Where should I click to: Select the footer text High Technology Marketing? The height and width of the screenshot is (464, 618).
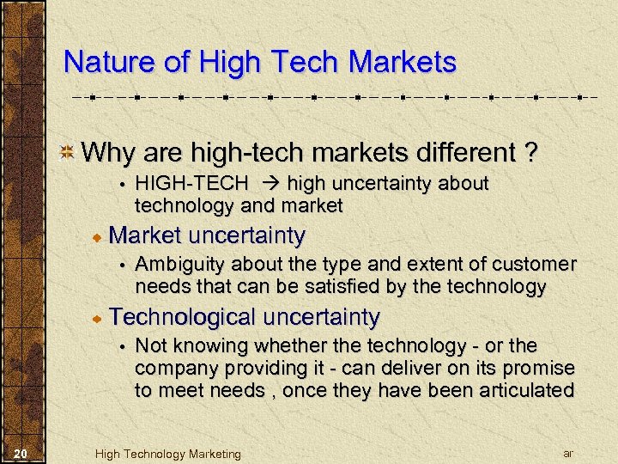click(167, 454)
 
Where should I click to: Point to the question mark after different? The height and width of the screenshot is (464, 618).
click(531, 153)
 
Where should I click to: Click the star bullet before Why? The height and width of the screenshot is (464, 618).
click(66, 154)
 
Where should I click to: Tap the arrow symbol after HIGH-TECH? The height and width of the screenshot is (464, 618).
click(267, 184)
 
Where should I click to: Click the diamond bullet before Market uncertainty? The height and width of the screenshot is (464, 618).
click(100, 235)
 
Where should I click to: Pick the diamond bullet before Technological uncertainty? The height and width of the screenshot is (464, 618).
click(100, 318)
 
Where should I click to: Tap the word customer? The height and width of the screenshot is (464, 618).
click(538, 264)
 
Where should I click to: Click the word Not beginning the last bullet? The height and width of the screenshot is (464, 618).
click(151, 345)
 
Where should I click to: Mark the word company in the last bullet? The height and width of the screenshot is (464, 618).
click(172, 368)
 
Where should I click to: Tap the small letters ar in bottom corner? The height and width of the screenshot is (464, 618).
click(567, 452)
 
